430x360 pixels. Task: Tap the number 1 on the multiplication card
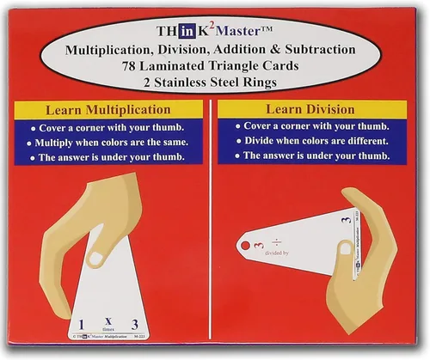[81, 324]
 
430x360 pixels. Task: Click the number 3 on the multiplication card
[133, 324]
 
